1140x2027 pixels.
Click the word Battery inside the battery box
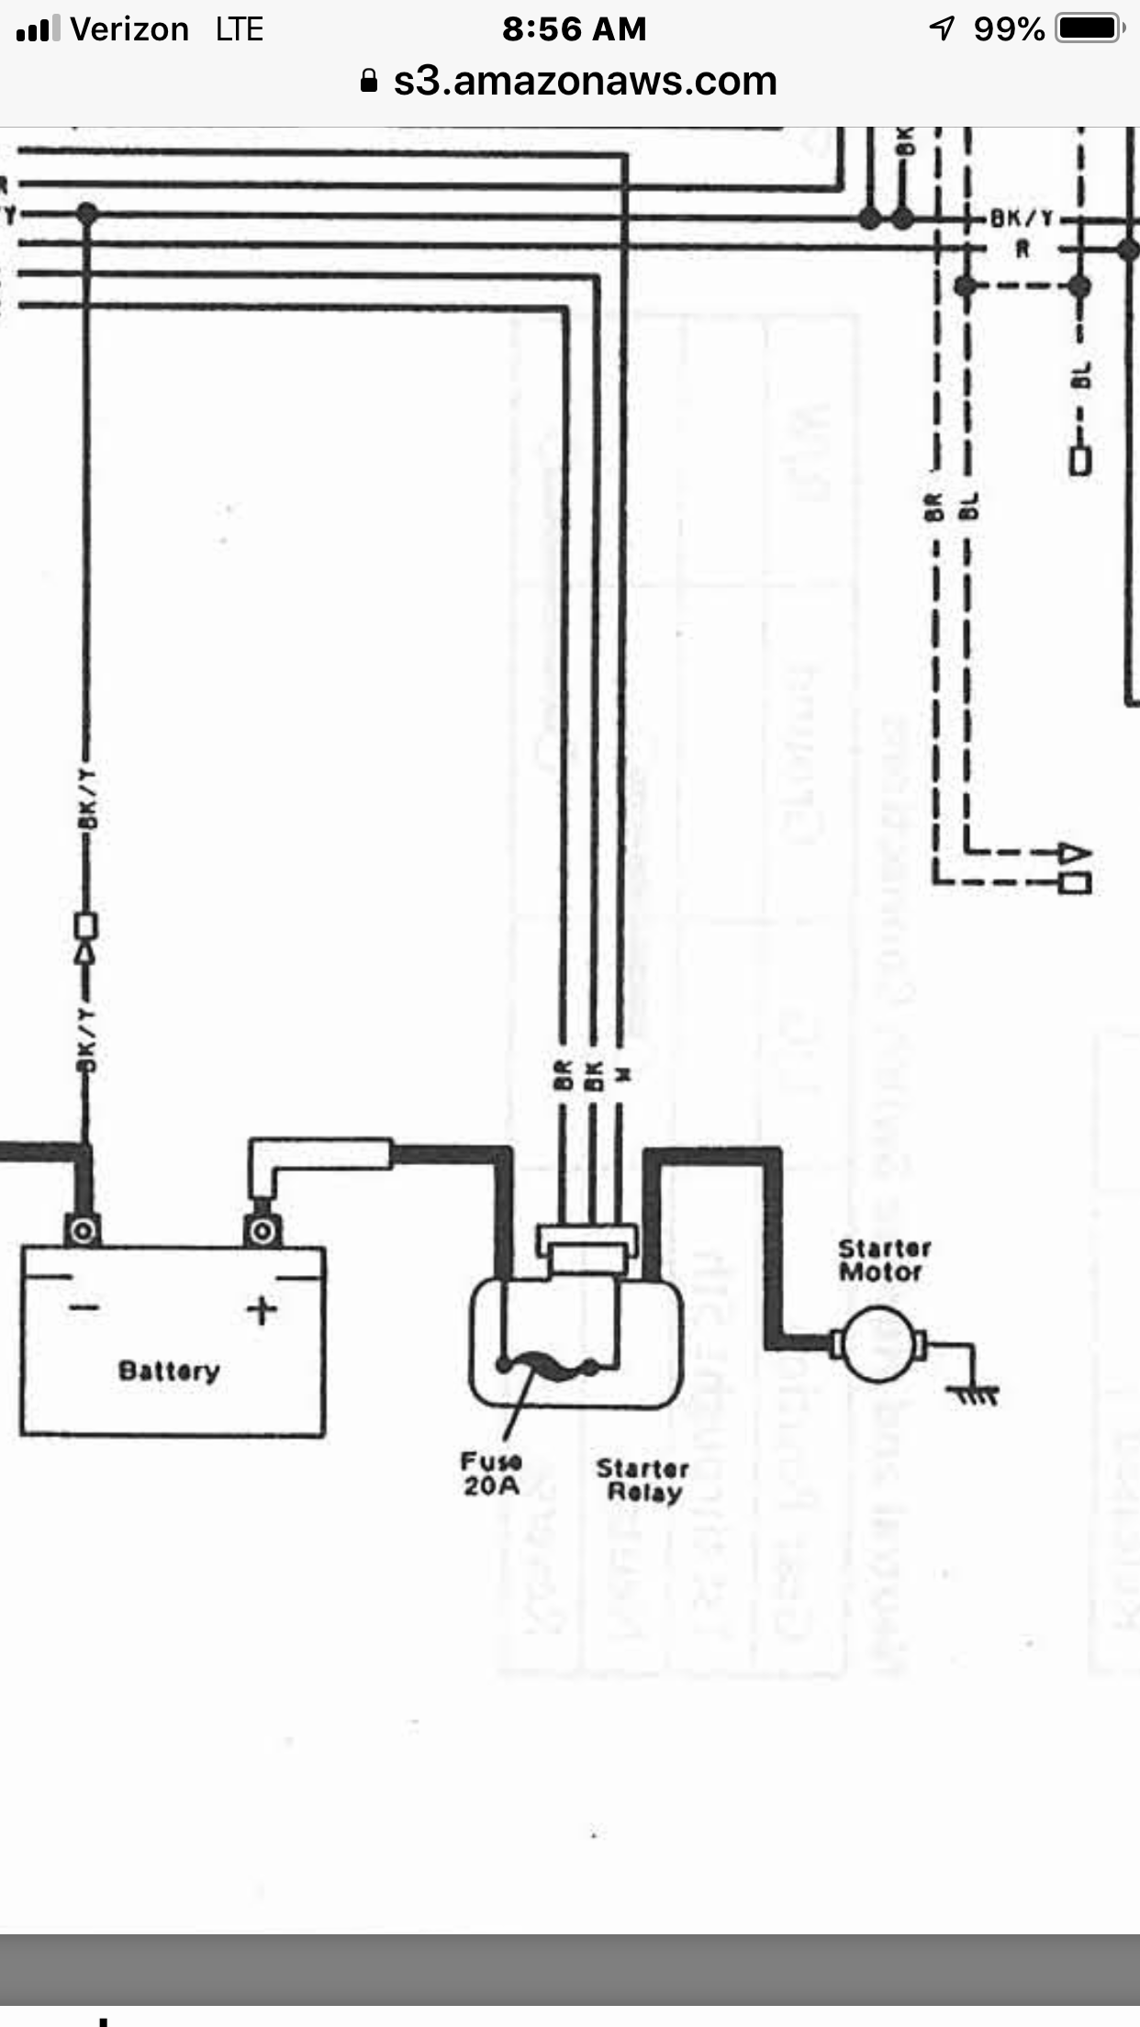point(169,1371)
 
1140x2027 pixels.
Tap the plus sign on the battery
point(262,1309)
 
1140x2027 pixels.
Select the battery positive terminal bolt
point(263,1230)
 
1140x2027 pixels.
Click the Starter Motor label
point(884,1260)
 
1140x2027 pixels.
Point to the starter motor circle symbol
point(877,1345)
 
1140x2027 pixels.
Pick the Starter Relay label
point(643,1480)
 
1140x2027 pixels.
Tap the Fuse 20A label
point(491,1473)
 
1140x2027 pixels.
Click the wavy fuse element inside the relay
point(549,1365)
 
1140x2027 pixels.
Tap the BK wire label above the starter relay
point(593,1075)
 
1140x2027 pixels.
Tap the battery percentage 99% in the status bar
point(1009,29)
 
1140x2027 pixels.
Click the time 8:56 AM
point(574,29)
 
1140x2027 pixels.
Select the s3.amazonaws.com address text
point(585,81)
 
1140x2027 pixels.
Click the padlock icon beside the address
point(369,82)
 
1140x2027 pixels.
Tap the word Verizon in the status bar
point(129,29)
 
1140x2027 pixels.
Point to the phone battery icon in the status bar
point(1090,28)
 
